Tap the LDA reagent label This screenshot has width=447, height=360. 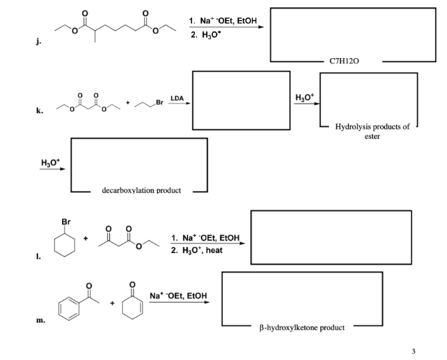(177, 98)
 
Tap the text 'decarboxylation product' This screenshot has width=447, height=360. (141, 190)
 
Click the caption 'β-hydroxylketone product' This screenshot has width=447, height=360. (302, 327)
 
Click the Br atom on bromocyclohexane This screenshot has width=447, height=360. (65, 223)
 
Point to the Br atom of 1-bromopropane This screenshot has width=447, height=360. (158, 102)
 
